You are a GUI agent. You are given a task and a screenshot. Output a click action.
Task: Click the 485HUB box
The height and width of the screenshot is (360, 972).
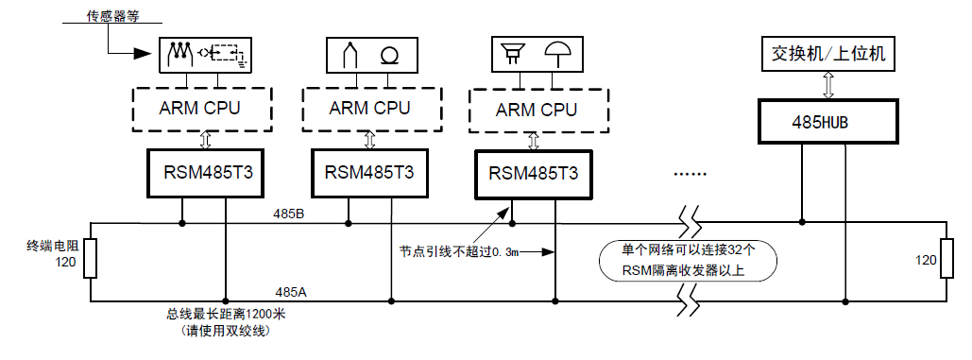tap(828, 123)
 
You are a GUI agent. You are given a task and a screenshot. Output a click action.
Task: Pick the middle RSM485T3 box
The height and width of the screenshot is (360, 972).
tap(369, 173)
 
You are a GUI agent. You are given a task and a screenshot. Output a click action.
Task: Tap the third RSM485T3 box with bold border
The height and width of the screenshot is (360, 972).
tap(534, 174)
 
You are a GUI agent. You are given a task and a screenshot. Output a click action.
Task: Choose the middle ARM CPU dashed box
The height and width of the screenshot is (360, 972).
tap(369, 109)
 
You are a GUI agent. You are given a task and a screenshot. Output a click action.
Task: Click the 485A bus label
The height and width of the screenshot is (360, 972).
tap(290, 293)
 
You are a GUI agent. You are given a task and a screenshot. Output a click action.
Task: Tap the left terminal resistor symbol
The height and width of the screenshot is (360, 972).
tap(90, 259)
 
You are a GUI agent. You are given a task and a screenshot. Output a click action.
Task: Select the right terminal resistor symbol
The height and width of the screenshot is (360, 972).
tap(946, 259)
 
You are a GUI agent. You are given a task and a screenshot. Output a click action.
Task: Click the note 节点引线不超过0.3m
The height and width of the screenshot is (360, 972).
tap(458, 252)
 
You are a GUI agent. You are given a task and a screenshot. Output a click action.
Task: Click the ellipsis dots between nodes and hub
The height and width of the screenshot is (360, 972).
tap(691, 174)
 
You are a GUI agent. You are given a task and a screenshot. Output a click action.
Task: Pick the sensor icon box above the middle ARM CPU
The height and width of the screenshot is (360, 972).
tap(369, 54)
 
